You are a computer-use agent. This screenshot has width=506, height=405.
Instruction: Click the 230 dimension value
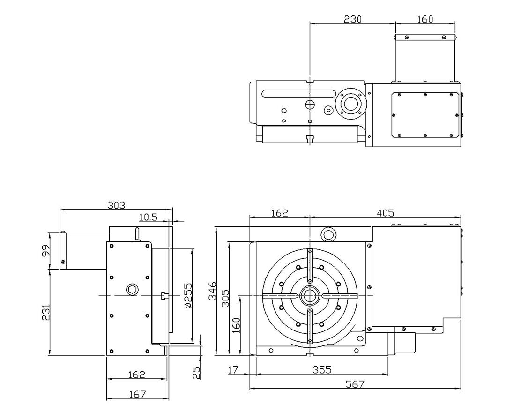(x=353, y=19)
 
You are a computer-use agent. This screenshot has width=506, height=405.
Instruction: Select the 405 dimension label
(x=386, y=213)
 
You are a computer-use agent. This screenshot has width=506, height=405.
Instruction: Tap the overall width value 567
(x=355, y=384)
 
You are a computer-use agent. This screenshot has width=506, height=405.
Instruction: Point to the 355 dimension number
(x=322, y=369)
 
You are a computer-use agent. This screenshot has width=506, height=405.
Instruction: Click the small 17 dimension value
(x=233, y=370)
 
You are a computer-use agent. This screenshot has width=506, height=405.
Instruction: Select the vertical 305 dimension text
(x=225, y=297)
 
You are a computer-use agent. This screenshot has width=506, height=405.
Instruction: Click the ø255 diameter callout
(x=188, y=295)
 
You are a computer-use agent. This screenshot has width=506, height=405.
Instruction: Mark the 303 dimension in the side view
(x=116, y=205)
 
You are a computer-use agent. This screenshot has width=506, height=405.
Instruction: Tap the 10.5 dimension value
(x=148, y=217)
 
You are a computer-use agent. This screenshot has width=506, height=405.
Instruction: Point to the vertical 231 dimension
(x=46, y=312)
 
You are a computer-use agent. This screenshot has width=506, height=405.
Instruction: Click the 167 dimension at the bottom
(x=137, y=394)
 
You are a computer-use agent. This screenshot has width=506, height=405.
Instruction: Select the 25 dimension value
(x=197, y=372)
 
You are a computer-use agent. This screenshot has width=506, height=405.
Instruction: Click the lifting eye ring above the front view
(x=327, y=234)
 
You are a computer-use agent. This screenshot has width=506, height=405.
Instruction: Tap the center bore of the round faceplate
(x=309, y=296)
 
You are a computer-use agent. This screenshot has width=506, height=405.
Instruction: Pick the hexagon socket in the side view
(x=132, y=289)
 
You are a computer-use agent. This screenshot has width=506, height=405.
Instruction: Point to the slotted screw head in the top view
(x=309, y=105)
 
